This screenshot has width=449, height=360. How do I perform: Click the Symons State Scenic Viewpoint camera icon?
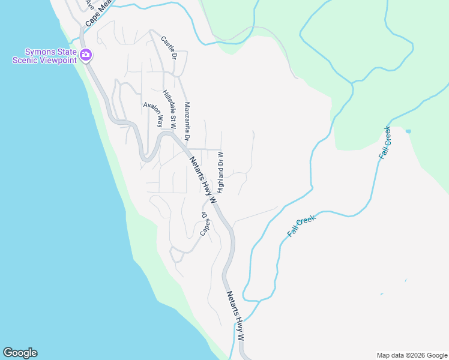(x=86, y=55)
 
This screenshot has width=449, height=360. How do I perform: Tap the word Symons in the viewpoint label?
(x=40, y=50)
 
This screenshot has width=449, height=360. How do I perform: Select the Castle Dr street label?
(x=169, y=47)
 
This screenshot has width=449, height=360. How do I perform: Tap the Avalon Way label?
(x=153, y=114)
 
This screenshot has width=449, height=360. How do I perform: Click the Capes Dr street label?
(x=205, y=223)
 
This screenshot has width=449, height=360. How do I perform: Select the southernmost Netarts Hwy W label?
(x=235, y=316)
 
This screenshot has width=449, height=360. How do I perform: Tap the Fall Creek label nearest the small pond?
(x=385, y=142)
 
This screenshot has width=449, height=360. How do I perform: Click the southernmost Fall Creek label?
(x=301, y=226)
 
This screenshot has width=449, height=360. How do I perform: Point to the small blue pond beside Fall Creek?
(x=408, y=131)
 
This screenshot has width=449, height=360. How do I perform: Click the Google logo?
(x=20, y=353)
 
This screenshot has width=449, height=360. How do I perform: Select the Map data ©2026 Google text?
(x=412, y=355)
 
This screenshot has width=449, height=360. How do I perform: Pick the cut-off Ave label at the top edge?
(x=90, y=4)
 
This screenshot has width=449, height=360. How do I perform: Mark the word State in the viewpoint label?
(x=63, y=50)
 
